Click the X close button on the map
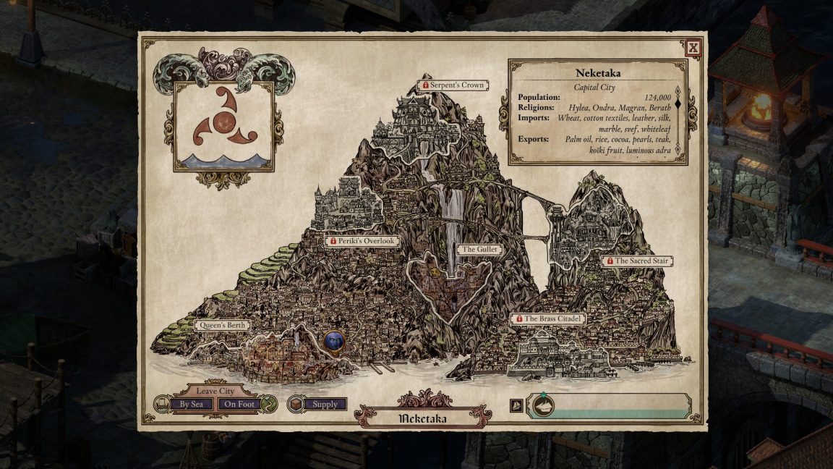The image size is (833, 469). [x=693, y=48]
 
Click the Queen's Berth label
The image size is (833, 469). [x=223, y=326]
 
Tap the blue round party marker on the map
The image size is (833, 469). [x=334, y=340]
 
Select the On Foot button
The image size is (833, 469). [x=239, y=405]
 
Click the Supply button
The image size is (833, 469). [x=324, y=405]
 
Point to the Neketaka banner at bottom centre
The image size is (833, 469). [x=422, y=418]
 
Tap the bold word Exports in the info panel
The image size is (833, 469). [x=534, y=138]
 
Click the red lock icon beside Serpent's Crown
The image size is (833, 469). [x=426, y=85]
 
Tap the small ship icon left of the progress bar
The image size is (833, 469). [x=517, y=406]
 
